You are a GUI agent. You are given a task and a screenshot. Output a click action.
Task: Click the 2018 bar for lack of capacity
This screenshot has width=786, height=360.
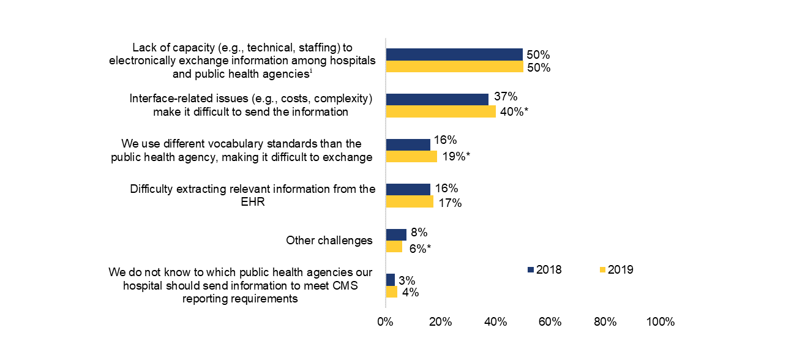[454, 54]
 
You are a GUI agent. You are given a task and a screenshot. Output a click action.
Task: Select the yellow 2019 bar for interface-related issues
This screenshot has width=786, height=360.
[441, 111]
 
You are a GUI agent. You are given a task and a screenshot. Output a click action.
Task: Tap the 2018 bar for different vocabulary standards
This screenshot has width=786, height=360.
[408, 144]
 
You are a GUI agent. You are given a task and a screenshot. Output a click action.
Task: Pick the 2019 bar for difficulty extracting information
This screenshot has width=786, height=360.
[409, 201]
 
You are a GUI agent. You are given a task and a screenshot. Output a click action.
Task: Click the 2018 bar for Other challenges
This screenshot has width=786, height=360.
[396, 234]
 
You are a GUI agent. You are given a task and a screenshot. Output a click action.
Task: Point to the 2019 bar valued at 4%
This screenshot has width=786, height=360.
[391, 292]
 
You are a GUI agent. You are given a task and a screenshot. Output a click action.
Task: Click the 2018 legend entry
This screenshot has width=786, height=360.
[545, 269]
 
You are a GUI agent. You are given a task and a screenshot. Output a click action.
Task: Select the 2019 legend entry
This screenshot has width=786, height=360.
[616, 269]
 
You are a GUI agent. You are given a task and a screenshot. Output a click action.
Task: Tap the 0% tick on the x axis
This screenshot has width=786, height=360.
[385, 322]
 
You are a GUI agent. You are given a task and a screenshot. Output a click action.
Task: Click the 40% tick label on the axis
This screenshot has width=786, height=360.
[495, 322]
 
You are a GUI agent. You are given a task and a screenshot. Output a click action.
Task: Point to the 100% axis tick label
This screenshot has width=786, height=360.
[660, 322]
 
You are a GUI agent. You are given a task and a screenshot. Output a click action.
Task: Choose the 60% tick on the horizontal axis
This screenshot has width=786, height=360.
[550, 322]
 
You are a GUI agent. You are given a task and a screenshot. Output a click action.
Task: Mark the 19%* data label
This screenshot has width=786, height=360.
[456, 156]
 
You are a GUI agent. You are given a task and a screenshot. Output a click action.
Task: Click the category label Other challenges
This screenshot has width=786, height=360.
[329, 241]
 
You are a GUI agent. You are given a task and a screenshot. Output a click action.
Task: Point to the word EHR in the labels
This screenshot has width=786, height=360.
[253, 202]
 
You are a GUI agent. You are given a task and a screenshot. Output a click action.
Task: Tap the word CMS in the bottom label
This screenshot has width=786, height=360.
[345, 285]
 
